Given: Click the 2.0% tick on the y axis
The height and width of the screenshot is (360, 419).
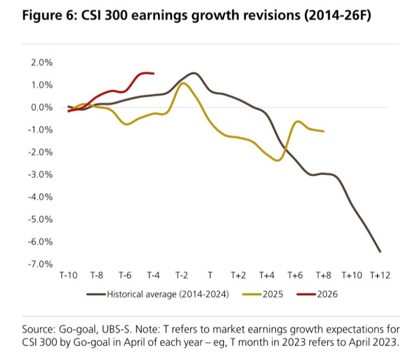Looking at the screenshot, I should (x=41, y=62).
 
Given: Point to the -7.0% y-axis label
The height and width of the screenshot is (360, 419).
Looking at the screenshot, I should (x=40, y=264).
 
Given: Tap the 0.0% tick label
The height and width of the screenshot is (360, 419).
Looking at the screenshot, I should (x=41, y=107).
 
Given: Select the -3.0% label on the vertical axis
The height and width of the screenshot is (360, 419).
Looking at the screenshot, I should (x=40, y=175).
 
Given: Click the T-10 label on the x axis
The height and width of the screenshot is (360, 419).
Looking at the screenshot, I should (x=68, y=276).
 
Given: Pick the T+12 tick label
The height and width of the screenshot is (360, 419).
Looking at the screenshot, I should (x=380, y=276).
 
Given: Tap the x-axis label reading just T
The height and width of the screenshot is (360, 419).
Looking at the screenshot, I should (x=210, y=276).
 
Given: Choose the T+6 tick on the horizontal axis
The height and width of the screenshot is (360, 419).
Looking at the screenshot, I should (x=295, y=276).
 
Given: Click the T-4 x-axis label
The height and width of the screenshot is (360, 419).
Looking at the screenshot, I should (x=153, y=276).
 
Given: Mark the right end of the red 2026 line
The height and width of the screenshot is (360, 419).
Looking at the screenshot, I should (x=154, y=74).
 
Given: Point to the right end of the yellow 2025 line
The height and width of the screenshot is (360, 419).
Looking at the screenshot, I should (x=323, y=131).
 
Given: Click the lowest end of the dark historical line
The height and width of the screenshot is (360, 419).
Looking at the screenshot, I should (x=380, y=251).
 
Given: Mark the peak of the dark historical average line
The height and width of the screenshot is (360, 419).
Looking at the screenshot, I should (x=194, y=73).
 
